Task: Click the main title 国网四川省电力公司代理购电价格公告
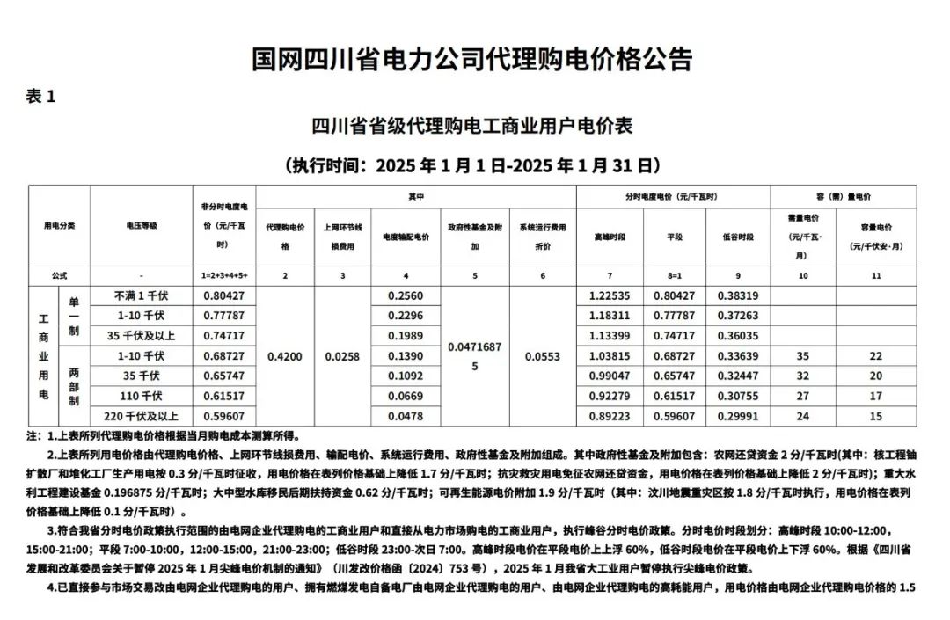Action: click(x=472, y=59)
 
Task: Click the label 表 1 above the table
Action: click(x=41, y=96)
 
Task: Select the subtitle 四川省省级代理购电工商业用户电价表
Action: click(x=472, y=126)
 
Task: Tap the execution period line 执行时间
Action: click(x=472, y=164)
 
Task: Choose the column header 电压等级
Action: click(x=141, y=226)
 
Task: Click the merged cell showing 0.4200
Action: click(x=284, y=356)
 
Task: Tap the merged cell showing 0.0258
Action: click(x=342, y=356)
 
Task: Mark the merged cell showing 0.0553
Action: click(x=542, y=356)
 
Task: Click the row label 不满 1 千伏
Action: click(x=141, y=295)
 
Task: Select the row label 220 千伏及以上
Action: click(x=141, y=417)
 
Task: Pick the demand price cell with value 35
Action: click(x=802, y=356)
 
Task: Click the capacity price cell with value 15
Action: click(x=876, y=417)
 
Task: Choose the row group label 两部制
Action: click(x=74, y=386)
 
